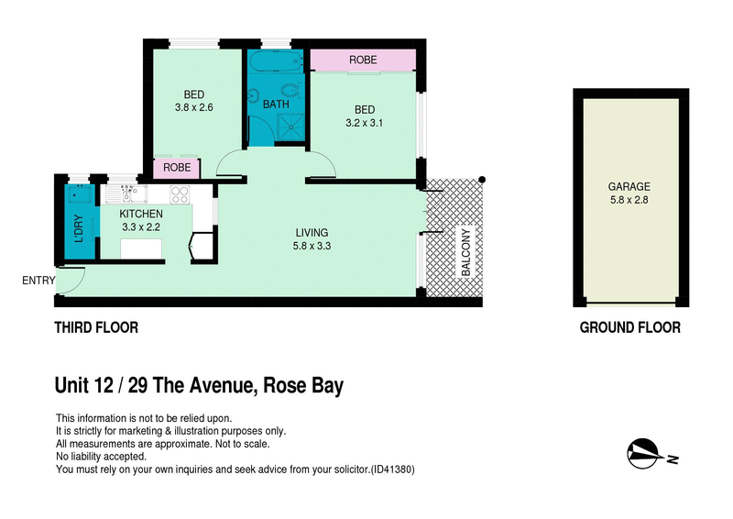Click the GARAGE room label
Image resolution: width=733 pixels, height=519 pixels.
629,186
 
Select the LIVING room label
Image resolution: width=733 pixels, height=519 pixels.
312,232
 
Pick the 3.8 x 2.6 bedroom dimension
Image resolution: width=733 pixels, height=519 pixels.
193,107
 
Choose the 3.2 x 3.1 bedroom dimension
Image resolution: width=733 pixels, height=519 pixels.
364,122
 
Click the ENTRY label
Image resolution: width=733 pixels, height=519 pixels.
38,281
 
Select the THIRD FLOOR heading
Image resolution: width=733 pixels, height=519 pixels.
96,327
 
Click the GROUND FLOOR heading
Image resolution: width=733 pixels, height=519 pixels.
629,327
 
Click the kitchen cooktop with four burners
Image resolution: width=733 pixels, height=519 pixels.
179,194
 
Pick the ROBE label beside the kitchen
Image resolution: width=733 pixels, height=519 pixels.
177,168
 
